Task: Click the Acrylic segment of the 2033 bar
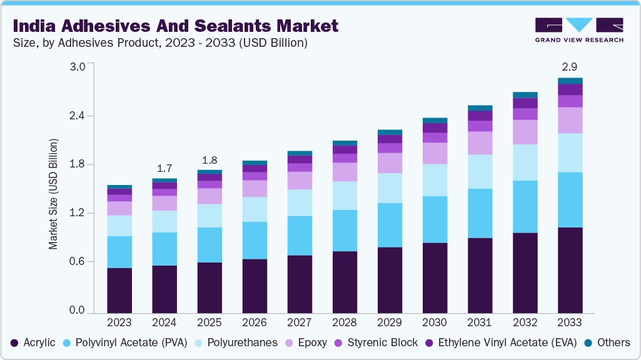[570, 270]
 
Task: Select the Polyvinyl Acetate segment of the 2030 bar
[435, 219]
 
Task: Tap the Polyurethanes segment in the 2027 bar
[300, 202]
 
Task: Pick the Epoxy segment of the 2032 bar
[525, 132]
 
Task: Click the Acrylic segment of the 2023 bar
[119, 290]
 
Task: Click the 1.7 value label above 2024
[164, 168]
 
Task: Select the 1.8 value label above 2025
[209, 159]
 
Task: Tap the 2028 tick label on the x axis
[345, 322]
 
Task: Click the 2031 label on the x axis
[480, 322]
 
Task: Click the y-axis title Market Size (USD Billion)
[54, 194]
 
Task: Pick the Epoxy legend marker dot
[288, 342]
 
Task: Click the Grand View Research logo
[578, 30]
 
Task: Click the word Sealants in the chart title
[219, 26]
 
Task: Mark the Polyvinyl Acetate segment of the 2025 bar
[209, 245]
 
